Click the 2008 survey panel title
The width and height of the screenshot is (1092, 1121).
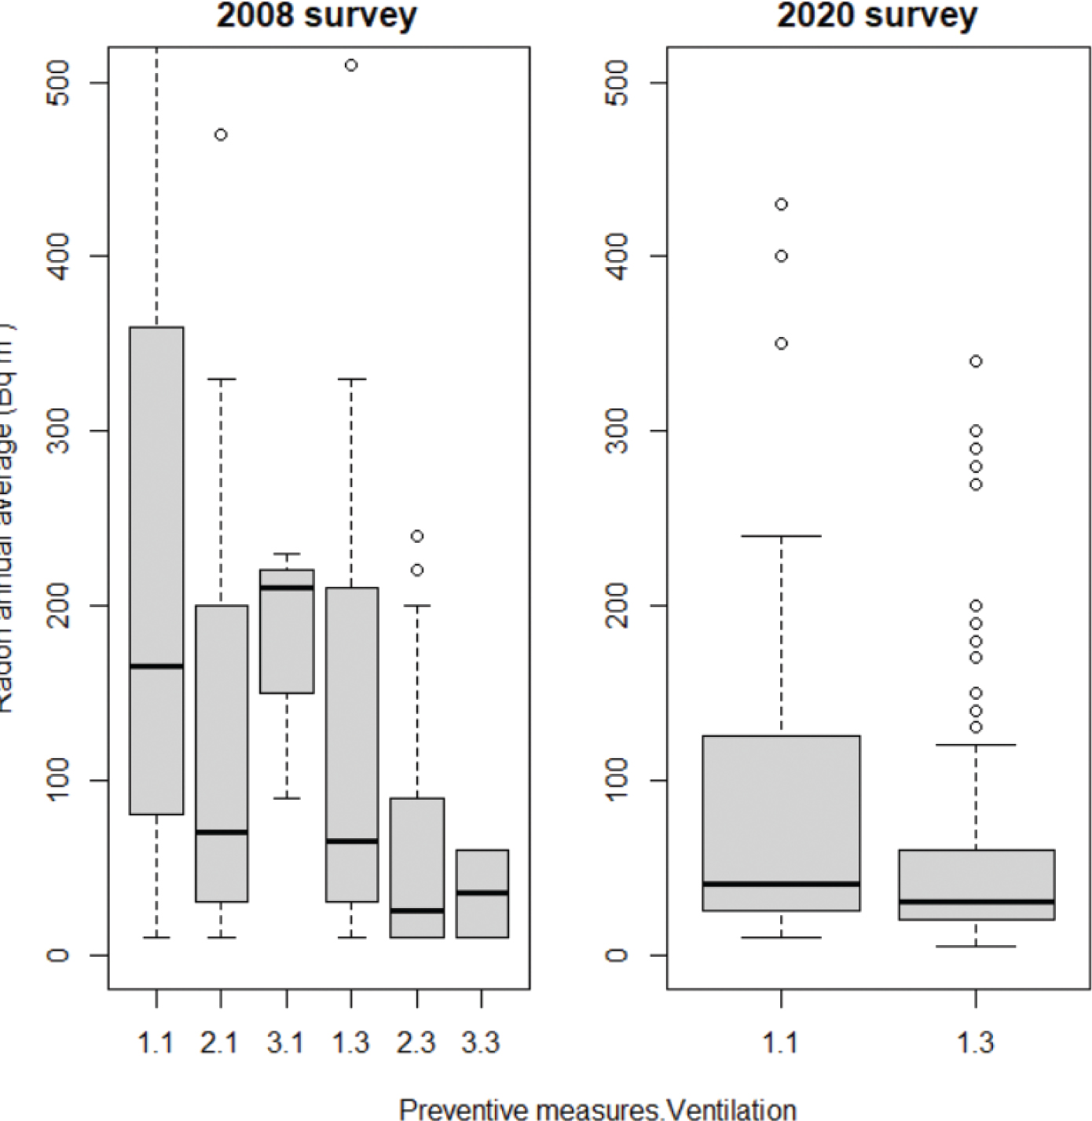317,16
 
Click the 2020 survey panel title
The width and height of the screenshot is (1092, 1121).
877,16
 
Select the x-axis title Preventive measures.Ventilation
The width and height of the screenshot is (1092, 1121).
597,1108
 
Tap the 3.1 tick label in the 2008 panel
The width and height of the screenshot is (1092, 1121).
286,1042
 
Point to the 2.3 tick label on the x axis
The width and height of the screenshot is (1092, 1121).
416,1042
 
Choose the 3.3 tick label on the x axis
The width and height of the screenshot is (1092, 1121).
481,1042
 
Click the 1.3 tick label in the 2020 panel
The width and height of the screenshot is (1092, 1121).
976,1042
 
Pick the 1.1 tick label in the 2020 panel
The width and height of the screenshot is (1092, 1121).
781,1042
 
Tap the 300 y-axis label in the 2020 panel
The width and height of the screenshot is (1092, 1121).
619,430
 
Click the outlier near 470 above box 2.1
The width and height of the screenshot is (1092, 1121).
221,135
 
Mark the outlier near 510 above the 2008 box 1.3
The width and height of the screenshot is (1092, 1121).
351,65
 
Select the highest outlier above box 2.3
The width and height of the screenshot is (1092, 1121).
417,536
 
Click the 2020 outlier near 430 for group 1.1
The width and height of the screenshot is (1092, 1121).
781,204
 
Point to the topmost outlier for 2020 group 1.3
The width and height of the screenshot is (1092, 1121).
976,361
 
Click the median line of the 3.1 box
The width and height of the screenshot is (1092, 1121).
287,588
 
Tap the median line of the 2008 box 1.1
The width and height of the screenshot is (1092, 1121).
156,666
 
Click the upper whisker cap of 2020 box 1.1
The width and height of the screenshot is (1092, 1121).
781,536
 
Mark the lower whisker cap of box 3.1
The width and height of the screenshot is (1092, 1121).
287,798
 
